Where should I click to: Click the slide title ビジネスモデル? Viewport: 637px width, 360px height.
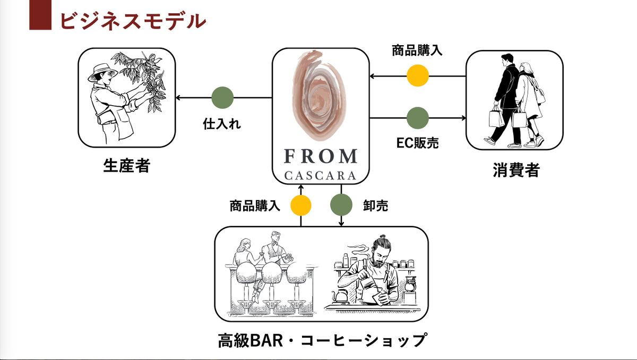[x=132, y=20]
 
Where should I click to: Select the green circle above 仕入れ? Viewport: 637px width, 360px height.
[x=222, y=98]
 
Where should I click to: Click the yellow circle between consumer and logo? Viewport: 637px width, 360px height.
[x=418, y=75]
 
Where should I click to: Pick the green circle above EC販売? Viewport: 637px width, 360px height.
[x=417, y=118]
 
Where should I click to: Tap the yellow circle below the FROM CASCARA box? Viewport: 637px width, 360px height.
[x=300, y=205]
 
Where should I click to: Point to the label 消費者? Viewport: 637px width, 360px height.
[x=515, y=170]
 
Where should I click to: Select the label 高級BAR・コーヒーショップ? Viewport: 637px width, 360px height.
[x=322, y=340]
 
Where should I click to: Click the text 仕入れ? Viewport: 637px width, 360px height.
[x=222, y=124]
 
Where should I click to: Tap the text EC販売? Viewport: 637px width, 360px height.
[x=418, y=142]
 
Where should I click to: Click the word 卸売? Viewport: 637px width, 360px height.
[x=375, y=205]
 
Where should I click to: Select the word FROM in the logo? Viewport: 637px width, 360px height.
[x=320, y=156]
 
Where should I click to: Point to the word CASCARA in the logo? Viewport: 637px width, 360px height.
[x=320, y=175]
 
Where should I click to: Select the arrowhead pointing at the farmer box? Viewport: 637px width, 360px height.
[x=179, y=98]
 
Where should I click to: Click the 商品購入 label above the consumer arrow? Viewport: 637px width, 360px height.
[x=417, y=51]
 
